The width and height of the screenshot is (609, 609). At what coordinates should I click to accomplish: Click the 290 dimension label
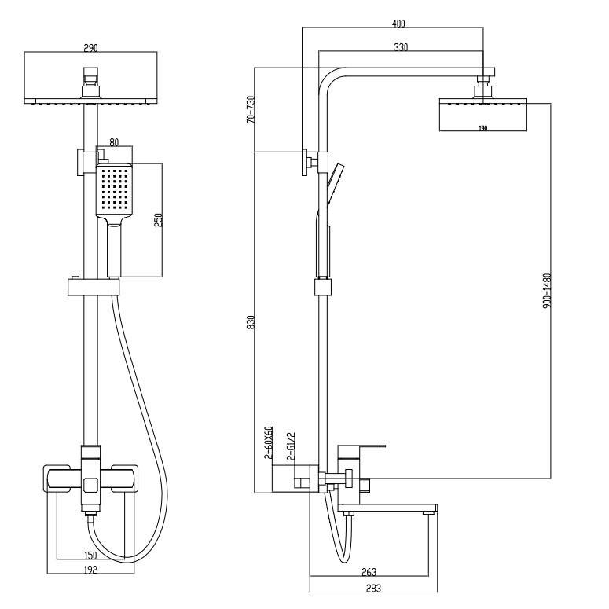[91, 48]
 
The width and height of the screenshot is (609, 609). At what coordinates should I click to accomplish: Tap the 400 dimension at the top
[398, 24]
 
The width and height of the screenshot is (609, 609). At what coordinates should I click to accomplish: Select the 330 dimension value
[401, 47]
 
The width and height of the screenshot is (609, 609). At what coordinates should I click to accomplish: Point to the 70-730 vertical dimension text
[251, 110]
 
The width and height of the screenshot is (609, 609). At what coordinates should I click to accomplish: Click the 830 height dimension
[251, 322]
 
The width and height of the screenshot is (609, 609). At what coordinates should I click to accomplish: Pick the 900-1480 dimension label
[547, 291]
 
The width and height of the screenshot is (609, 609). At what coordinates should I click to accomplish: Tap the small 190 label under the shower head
[482, 128]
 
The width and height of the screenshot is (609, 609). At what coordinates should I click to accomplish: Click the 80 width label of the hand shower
[114, 142]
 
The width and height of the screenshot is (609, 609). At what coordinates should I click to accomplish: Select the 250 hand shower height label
[159, 220]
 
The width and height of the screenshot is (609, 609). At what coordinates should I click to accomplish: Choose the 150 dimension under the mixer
[90, 556]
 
